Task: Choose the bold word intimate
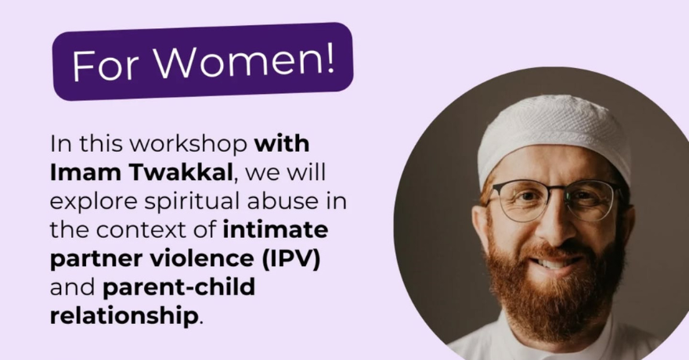coord(275,230)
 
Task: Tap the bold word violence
coord(200,259)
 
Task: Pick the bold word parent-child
coord(179,287)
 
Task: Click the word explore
coord(90,202)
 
